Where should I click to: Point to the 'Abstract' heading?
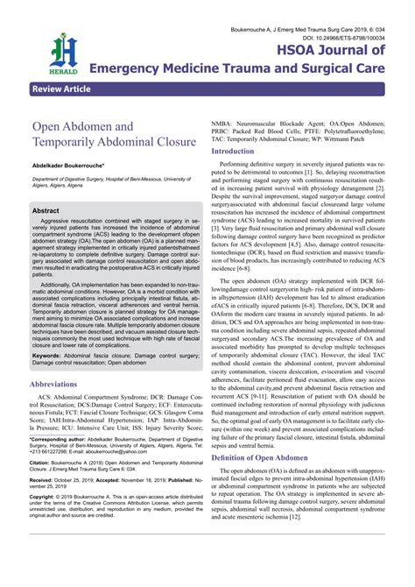46,210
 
